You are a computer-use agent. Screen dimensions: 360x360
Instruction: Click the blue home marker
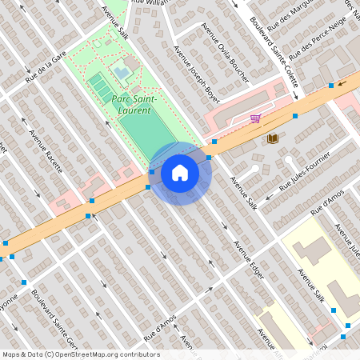pos(180,173)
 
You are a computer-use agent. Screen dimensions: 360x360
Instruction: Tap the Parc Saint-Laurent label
pos(138,103)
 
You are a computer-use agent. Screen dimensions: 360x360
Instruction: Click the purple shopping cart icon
pos(255,118)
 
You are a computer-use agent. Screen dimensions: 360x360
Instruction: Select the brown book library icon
pos(272,138)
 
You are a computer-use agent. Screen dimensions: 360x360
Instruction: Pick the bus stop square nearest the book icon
pos(295,117)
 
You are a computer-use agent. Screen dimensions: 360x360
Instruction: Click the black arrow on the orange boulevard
pos(342,81)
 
